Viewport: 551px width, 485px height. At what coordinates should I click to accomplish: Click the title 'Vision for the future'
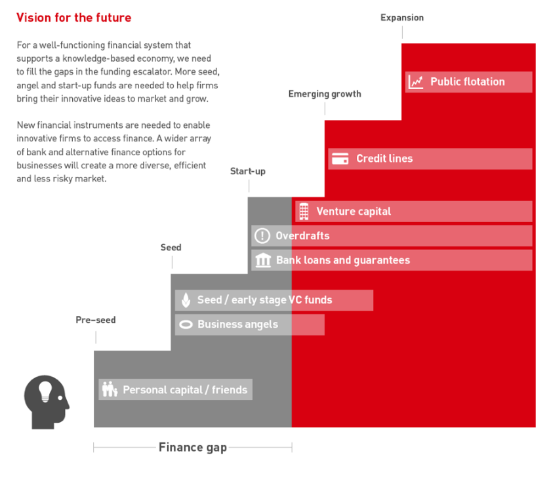73,18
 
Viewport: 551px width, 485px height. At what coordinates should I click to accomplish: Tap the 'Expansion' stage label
402,18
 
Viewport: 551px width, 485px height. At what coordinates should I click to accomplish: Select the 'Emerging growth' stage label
325,94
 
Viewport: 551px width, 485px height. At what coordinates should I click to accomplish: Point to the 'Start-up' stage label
248,171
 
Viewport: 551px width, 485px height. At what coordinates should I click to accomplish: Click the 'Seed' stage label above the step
171,247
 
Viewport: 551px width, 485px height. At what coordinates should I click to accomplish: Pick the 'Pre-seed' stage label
96,320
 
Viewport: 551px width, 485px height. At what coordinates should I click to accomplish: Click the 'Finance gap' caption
193,448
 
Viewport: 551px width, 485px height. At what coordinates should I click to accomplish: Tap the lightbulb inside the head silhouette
45,391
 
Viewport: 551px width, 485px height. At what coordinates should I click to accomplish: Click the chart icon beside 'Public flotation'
416,82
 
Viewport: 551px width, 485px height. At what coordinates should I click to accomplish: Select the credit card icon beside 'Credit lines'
340,159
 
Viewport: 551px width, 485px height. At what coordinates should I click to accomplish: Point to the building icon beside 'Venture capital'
304,212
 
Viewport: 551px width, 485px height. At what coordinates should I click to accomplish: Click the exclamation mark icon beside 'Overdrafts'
262,236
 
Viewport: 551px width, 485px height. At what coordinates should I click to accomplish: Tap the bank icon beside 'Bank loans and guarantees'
263,260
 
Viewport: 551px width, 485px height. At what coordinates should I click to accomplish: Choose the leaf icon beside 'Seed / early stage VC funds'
186,300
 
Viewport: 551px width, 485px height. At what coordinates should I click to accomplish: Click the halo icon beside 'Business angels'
186,324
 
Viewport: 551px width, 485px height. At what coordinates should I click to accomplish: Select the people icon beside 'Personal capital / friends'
110,389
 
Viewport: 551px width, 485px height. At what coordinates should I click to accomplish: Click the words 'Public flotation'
467,82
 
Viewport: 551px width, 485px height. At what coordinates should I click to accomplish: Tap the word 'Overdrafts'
302,236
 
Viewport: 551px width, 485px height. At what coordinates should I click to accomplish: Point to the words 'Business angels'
237,324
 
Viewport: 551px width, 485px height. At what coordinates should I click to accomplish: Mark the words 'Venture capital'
354,212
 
